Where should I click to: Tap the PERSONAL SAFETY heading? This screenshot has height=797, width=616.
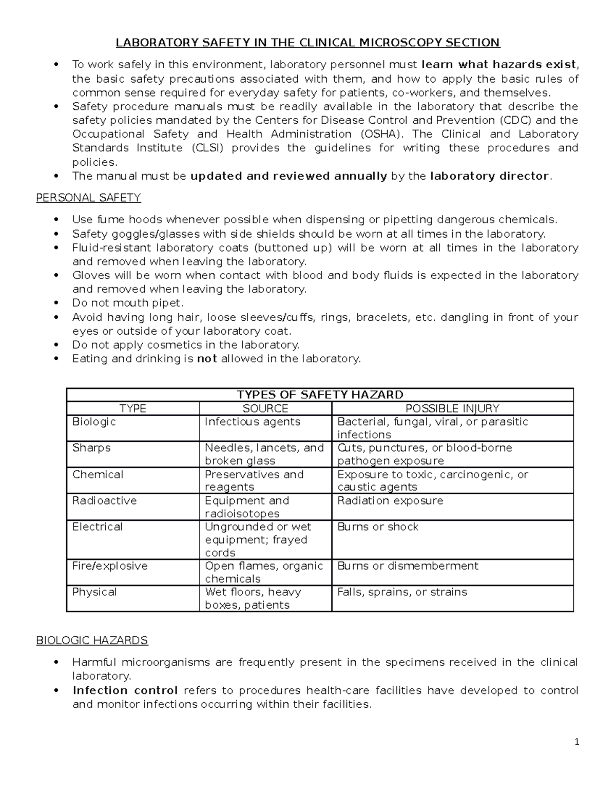tap(88, 198)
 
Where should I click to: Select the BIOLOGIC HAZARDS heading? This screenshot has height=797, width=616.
tap(92, 640)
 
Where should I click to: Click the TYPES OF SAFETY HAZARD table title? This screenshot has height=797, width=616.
tap(320, 395)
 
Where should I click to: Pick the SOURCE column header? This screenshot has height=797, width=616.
tap(265, 409)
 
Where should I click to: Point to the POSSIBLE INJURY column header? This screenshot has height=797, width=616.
tap(452, 409)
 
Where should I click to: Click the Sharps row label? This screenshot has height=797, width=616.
tap(91, 448)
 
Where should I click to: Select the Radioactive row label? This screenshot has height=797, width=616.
tap(104, 501)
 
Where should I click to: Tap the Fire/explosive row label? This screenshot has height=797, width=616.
tap(110, 566)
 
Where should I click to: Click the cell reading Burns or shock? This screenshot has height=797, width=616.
tap(378, 527)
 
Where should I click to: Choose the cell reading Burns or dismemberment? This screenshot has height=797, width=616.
tap(408, 566)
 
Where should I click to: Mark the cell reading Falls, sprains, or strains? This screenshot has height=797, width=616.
tap(402, 592)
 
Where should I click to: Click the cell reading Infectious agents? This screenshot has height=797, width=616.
tap(253, 422)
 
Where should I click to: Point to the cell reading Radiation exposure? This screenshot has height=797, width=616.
tap(390, 501)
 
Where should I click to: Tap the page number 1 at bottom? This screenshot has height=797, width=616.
tap(577, 742)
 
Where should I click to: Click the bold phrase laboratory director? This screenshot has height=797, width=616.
tap(490, 176)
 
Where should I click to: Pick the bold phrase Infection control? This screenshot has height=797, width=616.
tap(125, 690)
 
